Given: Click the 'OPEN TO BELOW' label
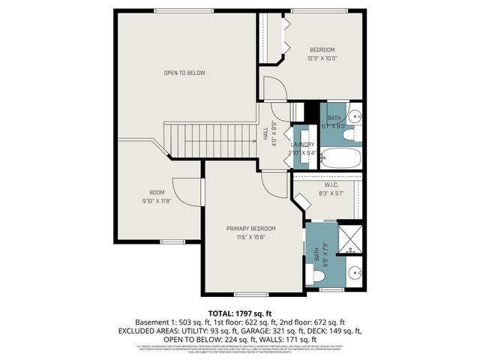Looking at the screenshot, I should point(184,73).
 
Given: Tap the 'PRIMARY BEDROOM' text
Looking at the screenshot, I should point(251,228).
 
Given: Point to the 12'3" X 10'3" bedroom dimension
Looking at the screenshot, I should point(322,58).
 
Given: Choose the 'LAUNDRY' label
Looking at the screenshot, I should point(303,144).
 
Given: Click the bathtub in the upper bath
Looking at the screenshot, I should point(341,158).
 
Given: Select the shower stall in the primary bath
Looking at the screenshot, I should point(349,238).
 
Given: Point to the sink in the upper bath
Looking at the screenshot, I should point(356,116).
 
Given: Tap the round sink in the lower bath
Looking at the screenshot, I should point(355,272).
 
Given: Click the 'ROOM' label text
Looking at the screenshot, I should point(157,193).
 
